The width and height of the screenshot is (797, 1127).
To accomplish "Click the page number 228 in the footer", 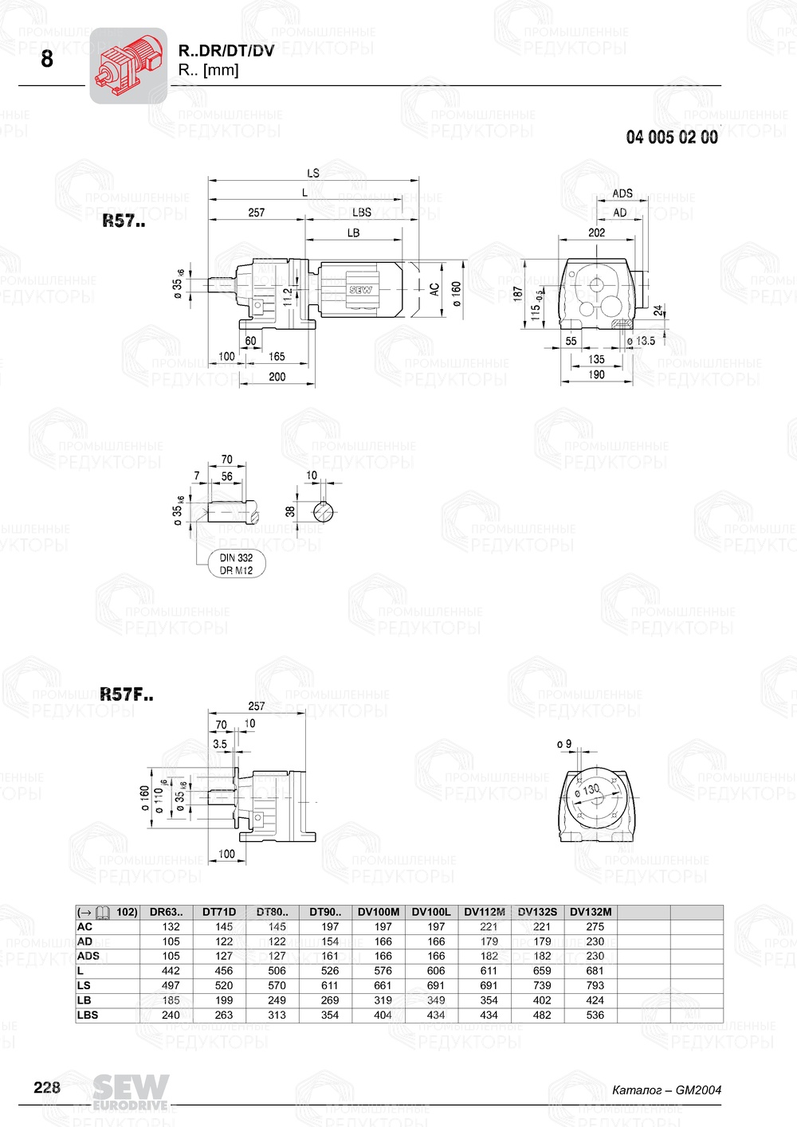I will click(x=47, y=1087).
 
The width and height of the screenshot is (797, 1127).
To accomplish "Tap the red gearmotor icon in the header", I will click(x=128, y=65).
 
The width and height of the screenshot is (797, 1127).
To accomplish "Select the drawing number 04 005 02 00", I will click(x=671, y=137).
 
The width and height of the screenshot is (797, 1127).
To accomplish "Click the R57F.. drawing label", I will click(x=127, y=695).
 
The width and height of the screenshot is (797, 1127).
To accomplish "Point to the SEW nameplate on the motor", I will click(x=360, y=290).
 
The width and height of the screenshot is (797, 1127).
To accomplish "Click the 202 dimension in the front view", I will click(x=596, y=233).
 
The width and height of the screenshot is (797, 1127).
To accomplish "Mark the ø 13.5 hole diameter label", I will click(x=642, y=341).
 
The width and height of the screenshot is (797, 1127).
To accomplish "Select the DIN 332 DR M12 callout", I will click(x=237, y=564).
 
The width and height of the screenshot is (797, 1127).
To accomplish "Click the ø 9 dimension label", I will click(x=564, y=744).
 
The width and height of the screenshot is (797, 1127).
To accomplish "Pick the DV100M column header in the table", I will click(x=379, y=912).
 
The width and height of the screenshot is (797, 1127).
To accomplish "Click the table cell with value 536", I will click(x=595, y=1015).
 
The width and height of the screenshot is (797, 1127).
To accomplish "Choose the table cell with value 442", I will click(x=171, y=971).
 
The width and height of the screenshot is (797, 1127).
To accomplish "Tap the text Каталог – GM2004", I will click(x=666, y=1090).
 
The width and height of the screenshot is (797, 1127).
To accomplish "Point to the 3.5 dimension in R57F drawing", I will click(x=220, y=744).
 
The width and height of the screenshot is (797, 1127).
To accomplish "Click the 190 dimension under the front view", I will click(x=596, y=374).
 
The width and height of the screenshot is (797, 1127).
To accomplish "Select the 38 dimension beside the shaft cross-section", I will click(x=290, y=511).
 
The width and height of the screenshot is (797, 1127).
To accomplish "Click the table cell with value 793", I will click(x=595, y=985).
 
